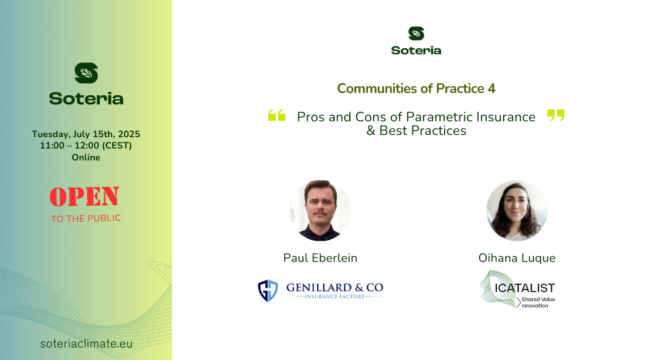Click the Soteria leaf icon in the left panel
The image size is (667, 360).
click(86, 73)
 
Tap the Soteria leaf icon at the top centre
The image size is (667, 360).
click(416, 33)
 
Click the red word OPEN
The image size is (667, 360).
click(84, 197)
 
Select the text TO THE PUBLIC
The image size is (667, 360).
click(86, 218)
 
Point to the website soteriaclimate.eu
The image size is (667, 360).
click(86, 344)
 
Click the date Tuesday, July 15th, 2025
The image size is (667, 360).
click(86, 134)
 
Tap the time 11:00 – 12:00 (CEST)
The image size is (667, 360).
click(86, 145)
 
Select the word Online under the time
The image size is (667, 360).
click(86, 157)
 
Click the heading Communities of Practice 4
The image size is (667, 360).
click(416, 88)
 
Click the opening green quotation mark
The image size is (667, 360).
click(277, 115)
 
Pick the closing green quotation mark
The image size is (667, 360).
click(556, 115)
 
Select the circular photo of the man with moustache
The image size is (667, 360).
click(320, 210)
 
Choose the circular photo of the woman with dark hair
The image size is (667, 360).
click(517, 210)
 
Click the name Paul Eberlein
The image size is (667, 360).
click(320, 258)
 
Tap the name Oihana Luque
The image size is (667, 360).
click(517, 258)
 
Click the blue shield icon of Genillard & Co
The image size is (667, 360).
click(268, 291)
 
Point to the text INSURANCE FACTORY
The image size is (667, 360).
click(335, 297)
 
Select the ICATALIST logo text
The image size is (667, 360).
click(525, 288)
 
